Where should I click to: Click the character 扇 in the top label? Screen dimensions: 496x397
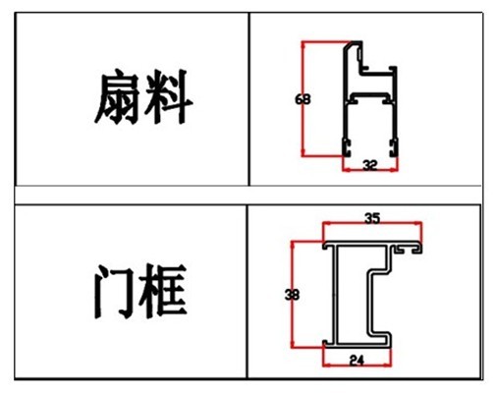click(x=117, y=97)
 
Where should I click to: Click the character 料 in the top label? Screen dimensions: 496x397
click(x=168, y=97)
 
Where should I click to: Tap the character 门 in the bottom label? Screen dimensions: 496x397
click(x=114, y=292)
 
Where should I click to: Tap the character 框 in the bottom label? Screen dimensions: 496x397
click(x=163, y=291)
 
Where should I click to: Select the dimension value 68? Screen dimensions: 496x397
click(x=303, y=99)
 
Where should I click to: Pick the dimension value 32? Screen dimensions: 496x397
click(x=370, y=165)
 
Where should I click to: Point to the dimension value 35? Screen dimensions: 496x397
click(x=372, y=218)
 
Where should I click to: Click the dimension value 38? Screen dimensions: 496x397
click(x=292, y=295)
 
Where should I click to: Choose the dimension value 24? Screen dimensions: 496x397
click(x=357, y=361)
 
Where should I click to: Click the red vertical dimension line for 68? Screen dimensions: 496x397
click(x=303, y=98)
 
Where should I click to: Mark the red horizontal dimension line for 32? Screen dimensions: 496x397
click(x=370, y=170)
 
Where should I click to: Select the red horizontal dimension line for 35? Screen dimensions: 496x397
click(x=372, y=223)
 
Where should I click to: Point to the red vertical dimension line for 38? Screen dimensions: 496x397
click(x=293, y=294)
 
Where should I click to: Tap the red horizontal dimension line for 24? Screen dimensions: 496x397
click(x=357, y=365)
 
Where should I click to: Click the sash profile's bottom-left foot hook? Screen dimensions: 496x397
click(x=347, y=147)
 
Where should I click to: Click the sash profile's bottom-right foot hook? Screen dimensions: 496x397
click(x=394, y=147)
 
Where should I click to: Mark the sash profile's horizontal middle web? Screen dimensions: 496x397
click(x=370, y=94)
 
